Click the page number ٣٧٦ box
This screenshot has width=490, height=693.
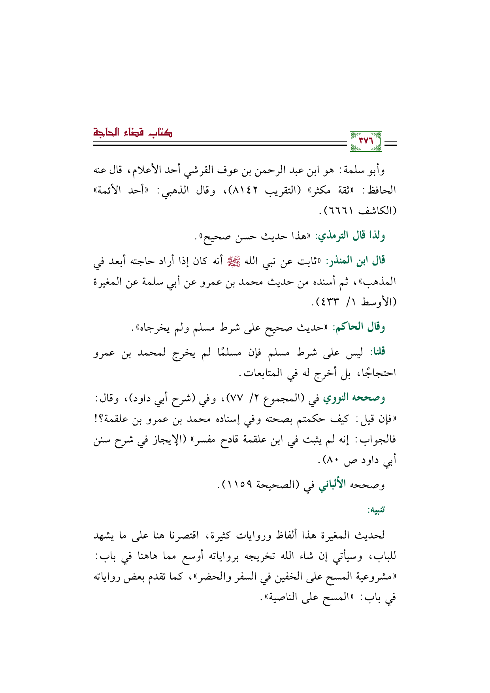coord(366,141)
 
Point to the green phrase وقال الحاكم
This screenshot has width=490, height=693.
coord(359,327)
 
